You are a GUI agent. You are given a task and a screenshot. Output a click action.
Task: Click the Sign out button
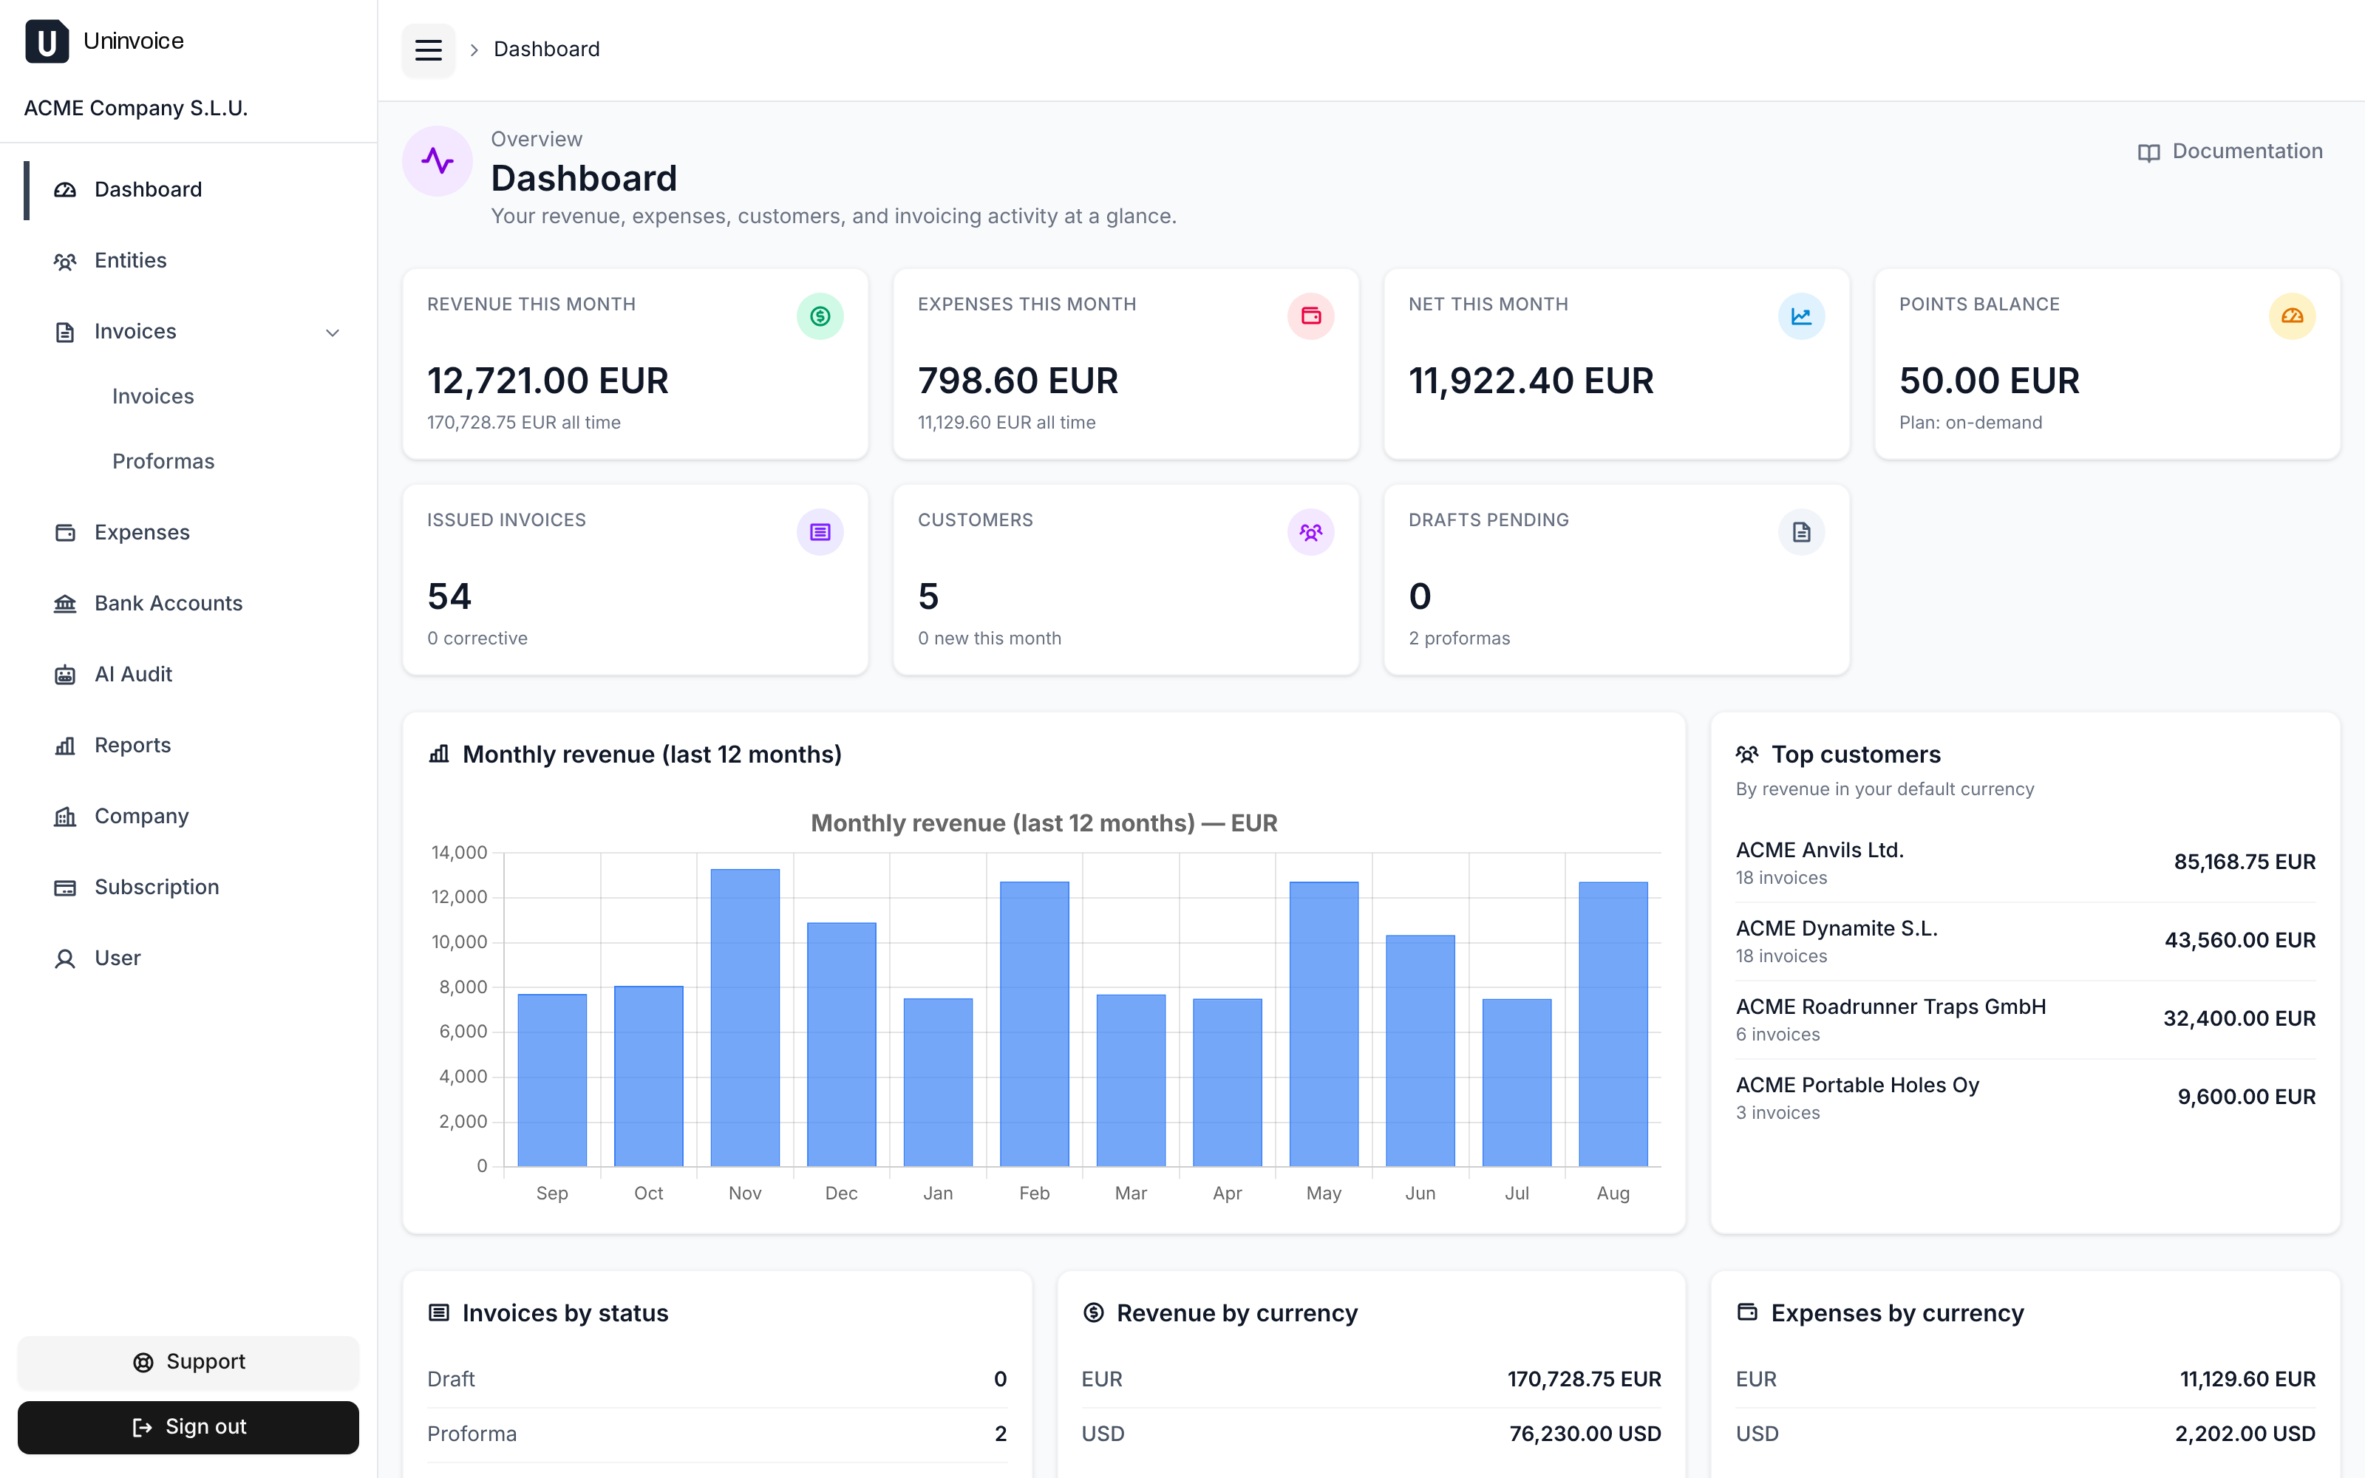[188, 1426]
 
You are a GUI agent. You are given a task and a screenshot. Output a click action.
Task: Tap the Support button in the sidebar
[188, 1362]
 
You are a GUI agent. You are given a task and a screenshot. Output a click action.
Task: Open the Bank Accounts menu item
[168, 603]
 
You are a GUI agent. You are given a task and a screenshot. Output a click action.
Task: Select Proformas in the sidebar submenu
[163, 461]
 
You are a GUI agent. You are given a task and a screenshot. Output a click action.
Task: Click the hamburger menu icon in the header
[428, 49]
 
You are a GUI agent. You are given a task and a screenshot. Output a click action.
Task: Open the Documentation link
[2230, 151]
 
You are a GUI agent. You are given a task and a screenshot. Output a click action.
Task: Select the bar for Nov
[745, 1018]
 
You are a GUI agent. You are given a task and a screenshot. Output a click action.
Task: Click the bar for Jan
[938, 1082]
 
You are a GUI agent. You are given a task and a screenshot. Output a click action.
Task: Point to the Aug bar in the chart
[1613, 1024]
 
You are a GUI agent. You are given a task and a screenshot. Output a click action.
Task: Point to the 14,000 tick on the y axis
[459, 852]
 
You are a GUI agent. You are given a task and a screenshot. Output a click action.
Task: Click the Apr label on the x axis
[1228, 1193]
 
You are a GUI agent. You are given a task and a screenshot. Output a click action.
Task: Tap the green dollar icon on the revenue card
[820, 316]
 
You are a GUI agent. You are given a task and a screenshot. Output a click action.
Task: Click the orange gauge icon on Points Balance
[2292, 316]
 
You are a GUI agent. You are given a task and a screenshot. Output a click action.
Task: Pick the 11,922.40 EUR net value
[1531, 381]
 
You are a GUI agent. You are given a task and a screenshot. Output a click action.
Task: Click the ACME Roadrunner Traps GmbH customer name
[1890, 1007]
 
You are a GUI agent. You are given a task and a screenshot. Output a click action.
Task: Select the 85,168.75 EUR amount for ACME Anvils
[2245, 862]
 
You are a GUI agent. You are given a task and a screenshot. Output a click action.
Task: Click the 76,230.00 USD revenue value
[1585, 1434]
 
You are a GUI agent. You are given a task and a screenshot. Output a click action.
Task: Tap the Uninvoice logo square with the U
[47, 41]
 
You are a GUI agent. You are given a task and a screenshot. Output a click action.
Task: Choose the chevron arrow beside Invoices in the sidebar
[333, 333]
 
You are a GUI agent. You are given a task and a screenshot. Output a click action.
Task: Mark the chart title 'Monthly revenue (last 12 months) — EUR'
[1044, 823]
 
